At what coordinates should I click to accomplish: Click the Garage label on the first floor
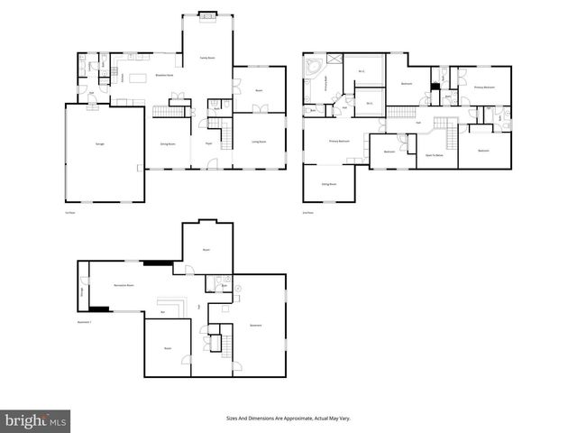pyautogui.click(x=98, y=144)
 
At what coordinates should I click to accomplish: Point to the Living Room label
pyautogui.click(x=258, y=142)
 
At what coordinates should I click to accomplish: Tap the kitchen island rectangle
pyautogui.click(x=139, y=78)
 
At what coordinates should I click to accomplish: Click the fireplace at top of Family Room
pyautogui.click(x=206, y=14)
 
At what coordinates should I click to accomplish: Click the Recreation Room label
pyautogui.click(x=124, y=285)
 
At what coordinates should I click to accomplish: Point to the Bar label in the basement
pyautogui.click(x=162, y=312)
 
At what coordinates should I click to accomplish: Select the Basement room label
pyautogui.click(x=255, y=325)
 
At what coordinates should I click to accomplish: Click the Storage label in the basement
pyautogui.click(x=83, y=290)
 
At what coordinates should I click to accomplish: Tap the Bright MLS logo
pyautogui.click(x=36, y=420)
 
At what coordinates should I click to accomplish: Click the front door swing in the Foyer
pyautogui.click(x=213, y=163)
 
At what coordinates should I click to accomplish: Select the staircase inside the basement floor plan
pyautogui.click(x=226, y=344)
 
